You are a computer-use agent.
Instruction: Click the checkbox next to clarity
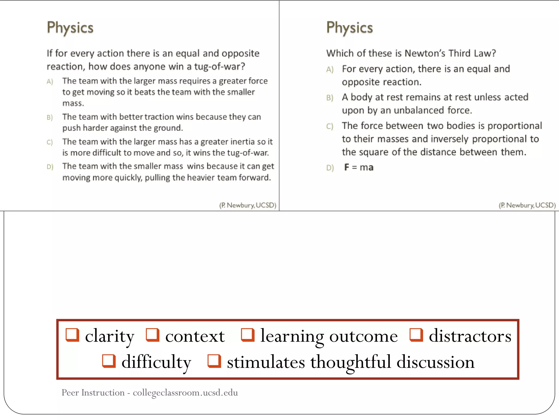pos(72,335)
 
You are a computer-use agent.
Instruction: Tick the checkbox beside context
pos(153,335)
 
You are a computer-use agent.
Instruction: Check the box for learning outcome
pos(248,335)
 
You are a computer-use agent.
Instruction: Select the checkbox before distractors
pos(416,335)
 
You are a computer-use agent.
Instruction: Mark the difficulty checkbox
pos(109,361)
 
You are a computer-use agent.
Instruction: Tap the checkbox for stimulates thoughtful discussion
pos(214,361)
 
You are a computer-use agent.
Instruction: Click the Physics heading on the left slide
pos(70,28)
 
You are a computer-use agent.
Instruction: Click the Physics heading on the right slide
pos(350,28)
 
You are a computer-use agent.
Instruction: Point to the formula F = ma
pos(359,167)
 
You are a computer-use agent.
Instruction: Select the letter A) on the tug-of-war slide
pos(50,81)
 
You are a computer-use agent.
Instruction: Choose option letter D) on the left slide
pos(50,167)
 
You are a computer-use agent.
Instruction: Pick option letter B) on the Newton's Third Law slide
pos(330,98)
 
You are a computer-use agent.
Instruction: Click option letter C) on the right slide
pos(330,126)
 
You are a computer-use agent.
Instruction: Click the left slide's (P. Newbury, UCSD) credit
pos(248,205)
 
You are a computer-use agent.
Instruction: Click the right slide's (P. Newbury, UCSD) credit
pos(527,205)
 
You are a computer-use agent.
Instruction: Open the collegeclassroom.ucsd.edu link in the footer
pos(185,393)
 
